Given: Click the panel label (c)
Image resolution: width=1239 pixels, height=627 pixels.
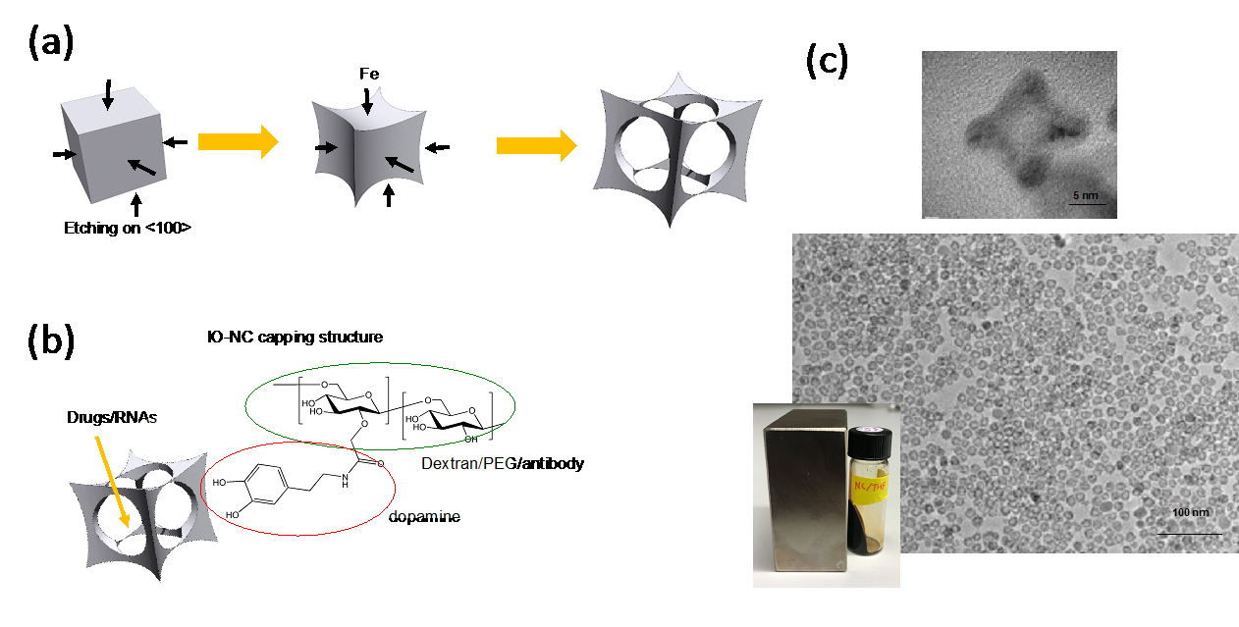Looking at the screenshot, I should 826,62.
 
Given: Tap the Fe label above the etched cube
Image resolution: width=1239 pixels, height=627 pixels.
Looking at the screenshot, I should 367,73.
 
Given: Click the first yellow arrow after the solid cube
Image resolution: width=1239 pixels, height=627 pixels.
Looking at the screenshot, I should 238,142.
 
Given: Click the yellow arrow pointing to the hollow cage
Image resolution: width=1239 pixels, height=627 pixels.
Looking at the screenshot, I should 536,146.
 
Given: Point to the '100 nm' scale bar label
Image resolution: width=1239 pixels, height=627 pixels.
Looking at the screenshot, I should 1189,512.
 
